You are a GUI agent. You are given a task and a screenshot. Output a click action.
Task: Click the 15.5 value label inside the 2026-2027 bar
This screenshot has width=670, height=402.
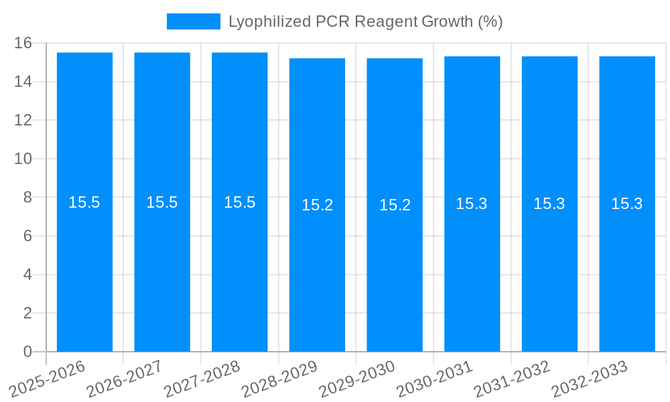tap(162, 202)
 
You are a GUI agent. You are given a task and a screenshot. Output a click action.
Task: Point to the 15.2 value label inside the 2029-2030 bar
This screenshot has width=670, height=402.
tap(395, 205)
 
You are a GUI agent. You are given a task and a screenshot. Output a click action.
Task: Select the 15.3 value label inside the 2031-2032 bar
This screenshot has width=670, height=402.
tap(549, 204)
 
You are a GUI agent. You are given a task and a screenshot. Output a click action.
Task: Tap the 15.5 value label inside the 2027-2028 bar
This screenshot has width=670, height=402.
tap(240, 202)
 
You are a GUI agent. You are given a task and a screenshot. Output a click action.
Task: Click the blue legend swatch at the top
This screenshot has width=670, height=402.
tap(193, 21)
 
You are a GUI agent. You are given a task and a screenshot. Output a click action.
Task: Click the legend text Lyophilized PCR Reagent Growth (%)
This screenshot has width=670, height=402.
tap(365, 21)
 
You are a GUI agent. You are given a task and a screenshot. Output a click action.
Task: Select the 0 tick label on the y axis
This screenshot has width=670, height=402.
tap(27, 352)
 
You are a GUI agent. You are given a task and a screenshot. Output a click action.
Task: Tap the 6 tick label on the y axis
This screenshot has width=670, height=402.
tap(27, 236)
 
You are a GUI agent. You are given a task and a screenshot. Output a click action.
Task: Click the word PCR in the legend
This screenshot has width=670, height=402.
tap(333, 21)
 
